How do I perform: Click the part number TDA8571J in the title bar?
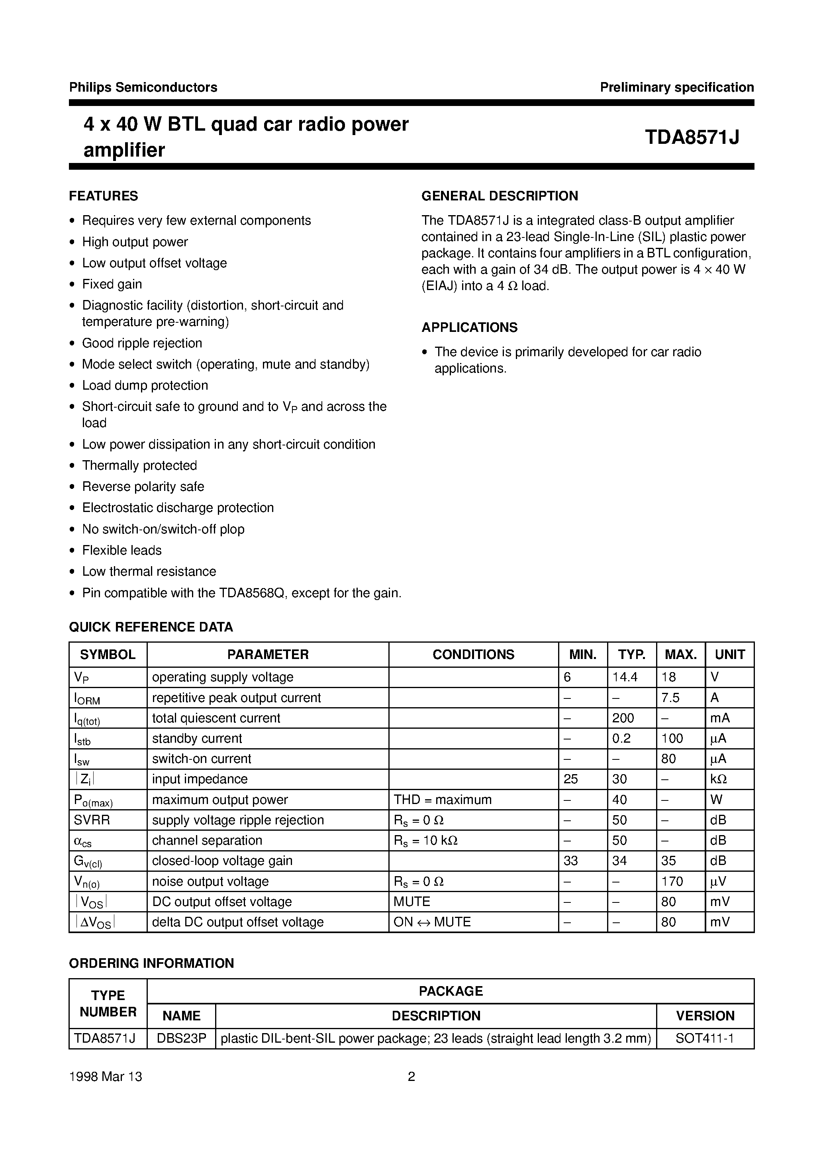point(692,137)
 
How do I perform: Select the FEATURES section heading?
point(104,196)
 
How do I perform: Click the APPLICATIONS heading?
point(469,327)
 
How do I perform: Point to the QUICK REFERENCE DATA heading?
point(151,627)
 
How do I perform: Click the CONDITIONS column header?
point(473,655)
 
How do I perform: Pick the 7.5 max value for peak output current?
point(670,698)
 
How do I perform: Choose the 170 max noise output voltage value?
point(672,881)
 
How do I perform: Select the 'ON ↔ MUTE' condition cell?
point(432,922)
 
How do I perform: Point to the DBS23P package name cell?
point(181,1039)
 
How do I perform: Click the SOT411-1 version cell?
point(705,1039)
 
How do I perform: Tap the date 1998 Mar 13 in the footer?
point(106,1077)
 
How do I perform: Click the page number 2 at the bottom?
point(411,1077)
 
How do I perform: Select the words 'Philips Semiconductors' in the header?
point(143,87)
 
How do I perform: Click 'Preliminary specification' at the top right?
point(677,87)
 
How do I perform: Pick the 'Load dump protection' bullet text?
point(145,386)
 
